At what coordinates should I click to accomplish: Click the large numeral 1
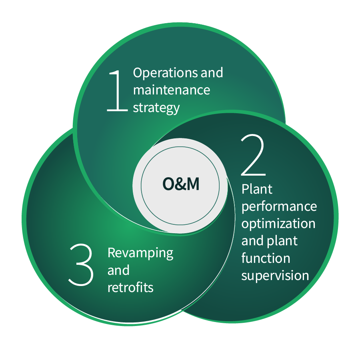coord(117,91)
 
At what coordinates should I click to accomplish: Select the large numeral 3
coord(81,265)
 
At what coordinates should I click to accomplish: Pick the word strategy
coord(156,108)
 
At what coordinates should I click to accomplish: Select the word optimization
coord(278,224)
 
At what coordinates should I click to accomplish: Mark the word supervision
coord(275,276)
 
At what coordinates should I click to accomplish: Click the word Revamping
coord(140,254)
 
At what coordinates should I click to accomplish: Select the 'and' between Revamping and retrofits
coord(118,270)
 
